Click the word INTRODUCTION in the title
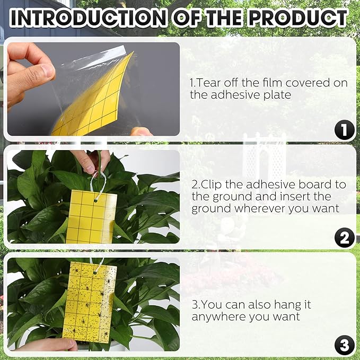(88, 17)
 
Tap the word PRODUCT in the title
(298, 17)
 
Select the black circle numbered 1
(345, 130)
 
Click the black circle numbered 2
(345, 238)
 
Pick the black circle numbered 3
(345, 345)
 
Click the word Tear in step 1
(208, 83)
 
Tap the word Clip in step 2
(210, 185)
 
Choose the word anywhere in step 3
(219, 317)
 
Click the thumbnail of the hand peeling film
(93, 89)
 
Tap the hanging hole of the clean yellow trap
(95, 201)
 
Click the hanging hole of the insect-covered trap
(95, 273)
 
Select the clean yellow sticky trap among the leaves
(91, 217)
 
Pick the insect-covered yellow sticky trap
(90, 303)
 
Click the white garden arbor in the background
(264, 159)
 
